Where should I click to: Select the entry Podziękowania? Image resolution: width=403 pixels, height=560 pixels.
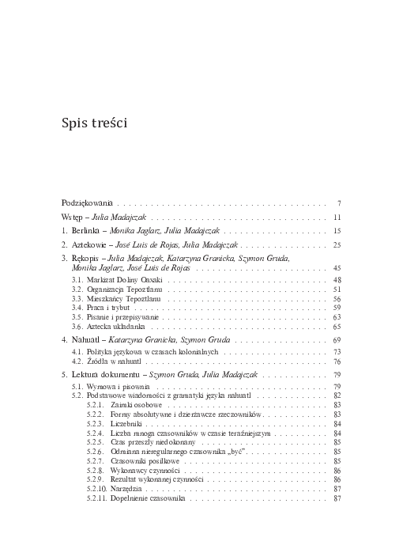[88, 202]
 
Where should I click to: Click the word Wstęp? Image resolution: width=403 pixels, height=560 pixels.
[73, 217]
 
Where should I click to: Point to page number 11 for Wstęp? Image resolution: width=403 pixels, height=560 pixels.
[336, 217]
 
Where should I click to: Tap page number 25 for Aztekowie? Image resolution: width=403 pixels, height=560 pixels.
[336, 245]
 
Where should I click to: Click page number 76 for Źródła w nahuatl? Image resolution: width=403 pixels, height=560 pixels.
[336, 360]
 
